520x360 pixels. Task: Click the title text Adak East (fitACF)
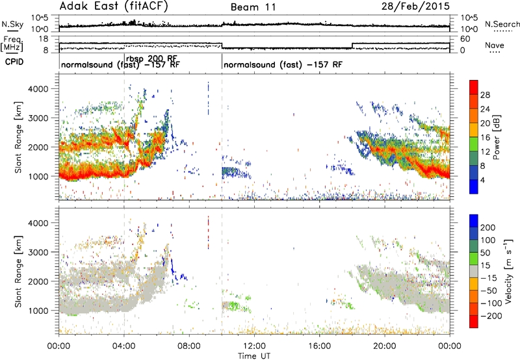pyautogui.click(x=114, y=6)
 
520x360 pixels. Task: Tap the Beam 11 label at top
pyautogui.click(x=253, y=7)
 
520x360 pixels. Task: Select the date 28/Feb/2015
pyautogui.click(x=415, y=6)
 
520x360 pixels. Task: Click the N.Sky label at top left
pyautogui.click(x=12, y=24)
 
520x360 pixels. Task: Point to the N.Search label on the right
pyautogui.click(x=502, y=24)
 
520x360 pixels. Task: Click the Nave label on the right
pyautogui.click(x=495, y=45)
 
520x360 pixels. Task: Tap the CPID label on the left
pyautogui.click(x=14, y=62)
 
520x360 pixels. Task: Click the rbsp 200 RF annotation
pyautogui.click(x=151, y=58)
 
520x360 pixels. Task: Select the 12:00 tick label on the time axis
pyautogui.click(x=254, y=346)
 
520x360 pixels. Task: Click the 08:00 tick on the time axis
pyautogui.click(x=189, y=346)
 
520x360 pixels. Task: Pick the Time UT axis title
pyautogui.click(x=254, y=355)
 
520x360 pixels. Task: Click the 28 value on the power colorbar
pyautogui.click(x=485, y=95)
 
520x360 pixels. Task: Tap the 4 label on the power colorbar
pyautogui.click(x=483, y=181)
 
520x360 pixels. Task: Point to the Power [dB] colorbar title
pyautogui.click(x=496, y=137)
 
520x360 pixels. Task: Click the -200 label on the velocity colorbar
pyautogui.click(x=489, y=316)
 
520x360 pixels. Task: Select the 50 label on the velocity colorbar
pyautogui.click(x=486, y=253)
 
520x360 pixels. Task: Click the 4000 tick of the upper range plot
pyautogui.click(x=38, y=89)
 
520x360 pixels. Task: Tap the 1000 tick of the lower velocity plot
pyautogui.click(x=38, y=311)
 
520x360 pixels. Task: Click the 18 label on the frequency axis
pyautogui.click(x=44, y=39)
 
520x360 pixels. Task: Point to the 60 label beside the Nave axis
pyautogui.click(x=465, y=39)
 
